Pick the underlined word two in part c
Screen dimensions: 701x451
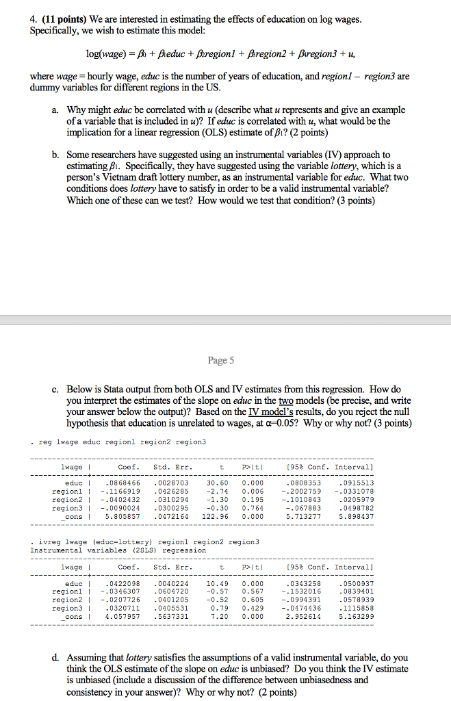(x=307, y=401)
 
